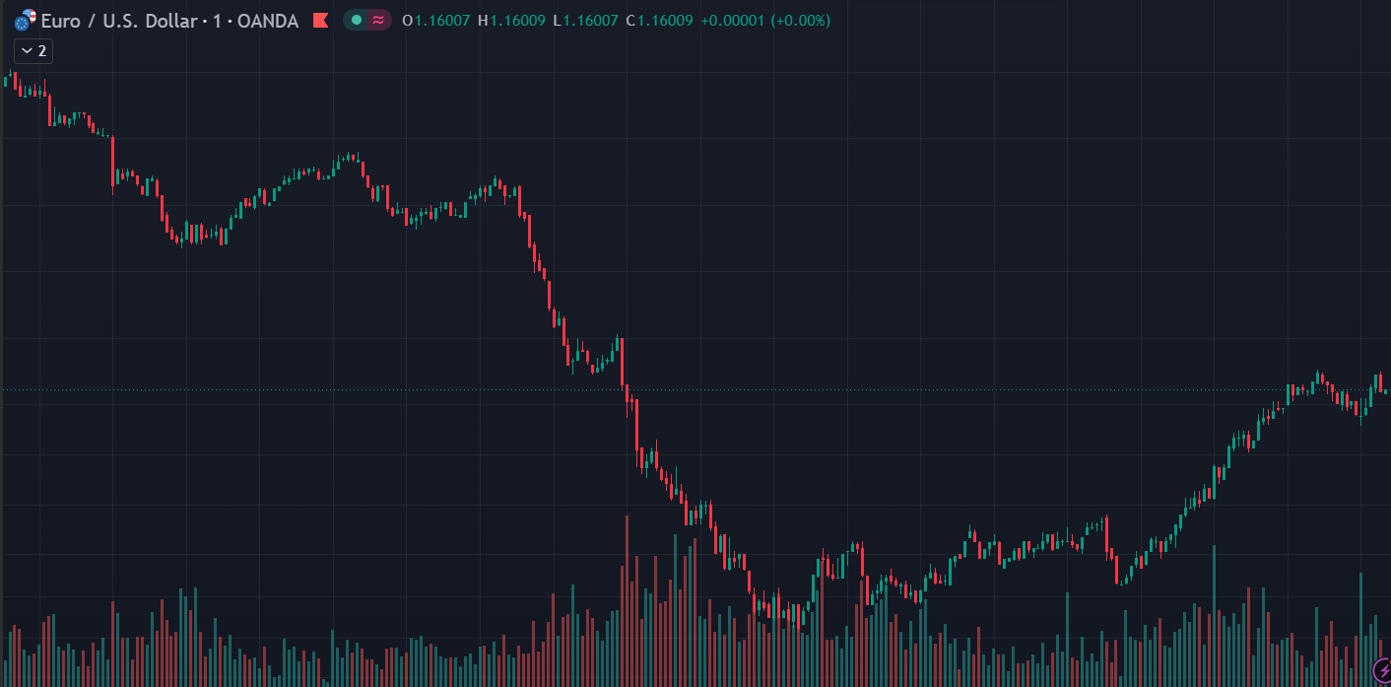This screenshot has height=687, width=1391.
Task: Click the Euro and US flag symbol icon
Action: pyautogui.click(x=25, y=21)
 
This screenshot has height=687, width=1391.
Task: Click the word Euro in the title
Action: pyautogui.click(x=61, y=21)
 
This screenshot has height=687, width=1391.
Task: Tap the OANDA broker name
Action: pyautogui.click(x=268, y=21)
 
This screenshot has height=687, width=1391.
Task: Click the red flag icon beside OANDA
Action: pyautogui.click(x=320, y=21)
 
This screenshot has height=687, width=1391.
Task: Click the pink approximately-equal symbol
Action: pyautogui.click(x=378, y=21)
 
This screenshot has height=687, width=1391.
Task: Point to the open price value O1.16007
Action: pyautogui.click(x=436, y=21)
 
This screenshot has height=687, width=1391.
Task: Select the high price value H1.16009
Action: pyautogui.click(x=511, y=21)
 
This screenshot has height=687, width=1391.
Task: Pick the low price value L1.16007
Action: pyautogui.click(x=585, y=21)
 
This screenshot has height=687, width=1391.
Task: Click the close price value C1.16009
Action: pyautogui.click(x=659, y=21)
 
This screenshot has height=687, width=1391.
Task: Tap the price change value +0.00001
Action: pyautogui.click(x=732, y=21)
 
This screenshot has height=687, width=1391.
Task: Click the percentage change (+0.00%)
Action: pyautogui.click(x=801, y=21)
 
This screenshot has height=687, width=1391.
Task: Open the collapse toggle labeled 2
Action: pyautogui.click(x=33, y=51)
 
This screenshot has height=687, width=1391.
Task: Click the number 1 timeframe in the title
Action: pyautogui.click(x=218, y=21)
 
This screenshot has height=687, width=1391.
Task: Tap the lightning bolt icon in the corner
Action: pyautogui.click(x=1382, y=670)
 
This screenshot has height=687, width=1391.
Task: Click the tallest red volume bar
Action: pyautogui.click(x=627, y=601)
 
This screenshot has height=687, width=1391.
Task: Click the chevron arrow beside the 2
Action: pyautogui.click(x=27, y=51)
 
